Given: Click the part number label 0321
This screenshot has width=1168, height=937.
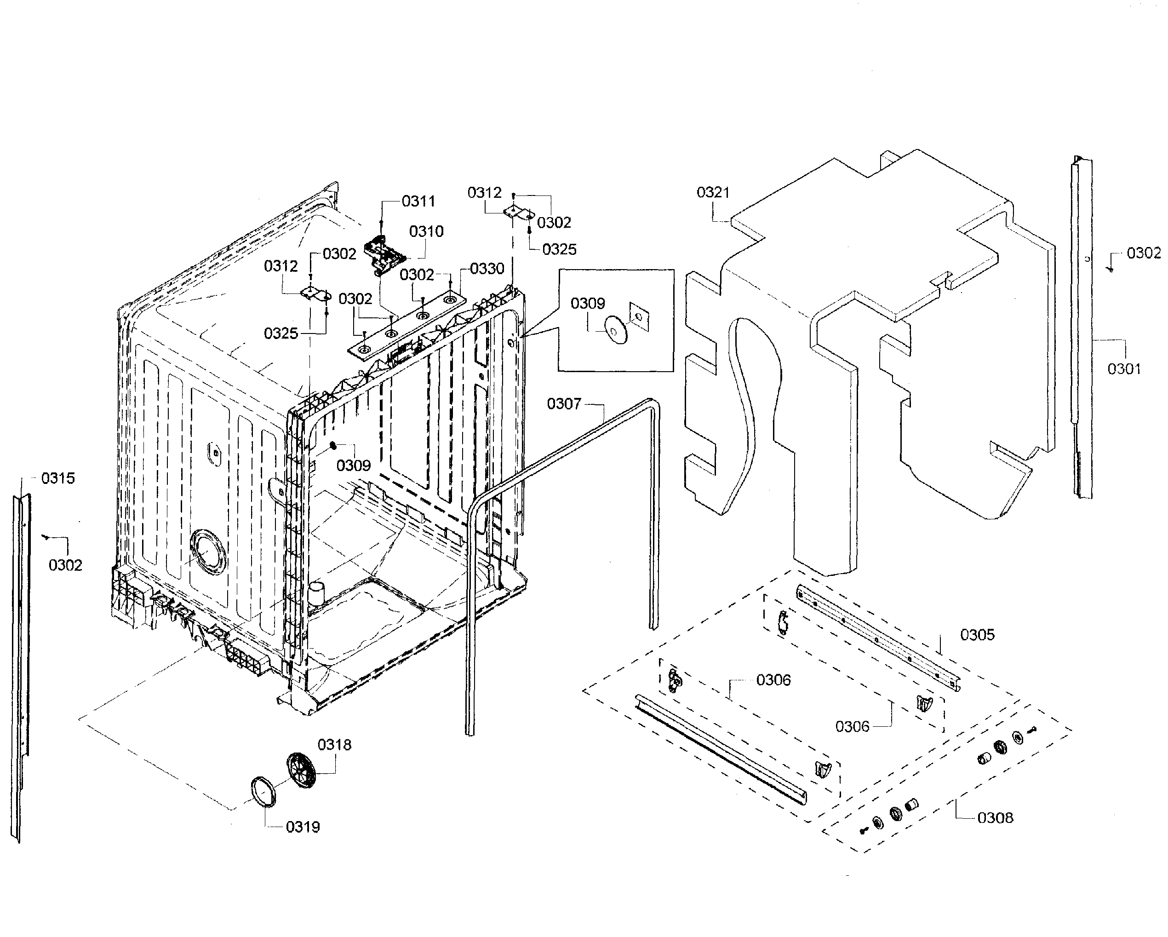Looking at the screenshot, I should (x=713, y=192).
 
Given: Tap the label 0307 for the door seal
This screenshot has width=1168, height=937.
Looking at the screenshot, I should (x=563, y=404).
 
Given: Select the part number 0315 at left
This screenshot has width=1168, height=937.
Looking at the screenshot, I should (x=58, y=478).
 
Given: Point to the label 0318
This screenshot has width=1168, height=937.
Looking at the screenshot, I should (x=334, y=745).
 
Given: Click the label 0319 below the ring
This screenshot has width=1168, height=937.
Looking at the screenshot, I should (x=303, y=827).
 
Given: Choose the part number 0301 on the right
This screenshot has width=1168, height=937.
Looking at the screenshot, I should (x=1123, y=369).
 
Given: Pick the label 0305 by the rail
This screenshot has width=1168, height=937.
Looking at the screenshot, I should (x=977, y=635).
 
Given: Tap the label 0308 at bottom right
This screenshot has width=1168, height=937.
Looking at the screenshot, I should (x=995, y=818).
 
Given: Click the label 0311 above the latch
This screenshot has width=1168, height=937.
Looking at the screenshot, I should (x=418, y=201).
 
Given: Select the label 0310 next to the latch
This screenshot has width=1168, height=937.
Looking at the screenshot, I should (x=426, y=231).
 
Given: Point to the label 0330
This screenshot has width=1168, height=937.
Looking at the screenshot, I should (x=487, y=269).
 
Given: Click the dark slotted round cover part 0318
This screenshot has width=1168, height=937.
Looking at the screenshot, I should (x=301, y=770).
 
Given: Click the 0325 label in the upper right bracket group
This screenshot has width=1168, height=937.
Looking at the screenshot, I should (x=559, y=249).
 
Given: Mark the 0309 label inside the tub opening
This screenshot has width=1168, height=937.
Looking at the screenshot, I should (x=353, y=466).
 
